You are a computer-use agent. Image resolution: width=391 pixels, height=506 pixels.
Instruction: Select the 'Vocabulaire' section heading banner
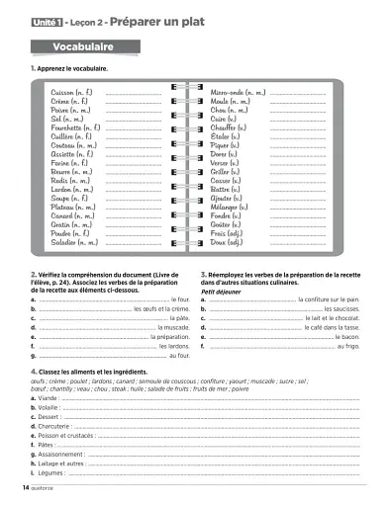83,46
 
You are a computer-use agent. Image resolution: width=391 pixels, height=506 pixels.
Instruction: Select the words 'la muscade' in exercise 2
173,327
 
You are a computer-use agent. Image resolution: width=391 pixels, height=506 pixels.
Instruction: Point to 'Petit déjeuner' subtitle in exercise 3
221,292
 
